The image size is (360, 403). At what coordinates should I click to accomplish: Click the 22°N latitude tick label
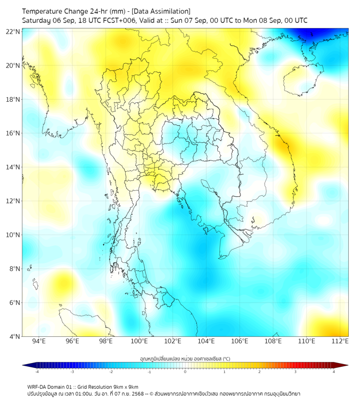tap(13, 31)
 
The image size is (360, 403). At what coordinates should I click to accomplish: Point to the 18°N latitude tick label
tap(13, 99)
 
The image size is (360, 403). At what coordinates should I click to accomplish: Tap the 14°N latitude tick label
tap(13, 167)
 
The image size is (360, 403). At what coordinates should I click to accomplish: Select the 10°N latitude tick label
tap(13, 235)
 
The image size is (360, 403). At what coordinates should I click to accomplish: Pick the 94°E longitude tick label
tap(39, 341)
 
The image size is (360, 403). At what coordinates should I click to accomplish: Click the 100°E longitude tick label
tap(139, 341)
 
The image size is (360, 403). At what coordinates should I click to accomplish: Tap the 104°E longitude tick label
tap(206, 341)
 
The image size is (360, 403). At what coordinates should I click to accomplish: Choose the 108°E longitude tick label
tap(273, 341)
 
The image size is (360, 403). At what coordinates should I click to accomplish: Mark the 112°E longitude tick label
tap(340, 341)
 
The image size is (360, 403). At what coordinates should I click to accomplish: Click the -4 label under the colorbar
tap(36, 372)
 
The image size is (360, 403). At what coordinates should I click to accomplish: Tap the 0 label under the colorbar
tap(185, 372)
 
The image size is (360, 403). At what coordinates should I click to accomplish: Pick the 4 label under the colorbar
tap(334, 372)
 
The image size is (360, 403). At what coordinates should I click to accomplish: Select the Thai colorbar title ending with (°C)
tap(185, 359)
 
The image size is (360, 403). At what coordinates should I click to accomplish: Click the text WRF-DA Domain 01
tap(51, 387)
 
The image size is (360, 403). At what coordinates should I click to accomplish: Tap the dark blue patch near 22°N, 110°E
tap(313, 34)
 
